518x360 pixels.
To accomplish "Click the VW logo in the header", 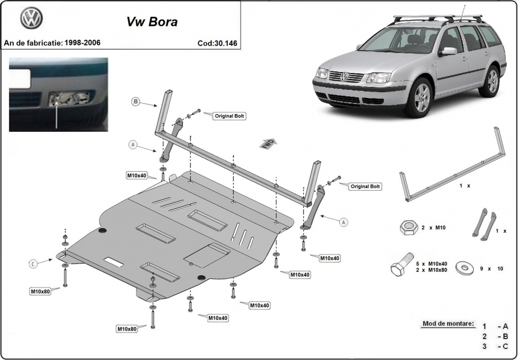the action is click(32, 18).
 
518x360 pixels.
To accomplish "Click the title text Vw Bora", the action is click(153, 22).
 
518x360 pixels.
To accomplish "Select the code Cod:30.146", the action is click(218, 43).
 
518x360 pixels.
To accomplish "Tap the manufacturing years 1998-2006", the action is click(82, 43).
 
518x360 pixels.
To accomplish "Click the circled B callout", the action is click(135, 101).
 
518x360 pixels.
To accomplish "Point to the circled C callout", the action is click(33, 264).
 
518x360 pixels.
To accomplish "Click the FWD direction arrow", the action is click(269, 144).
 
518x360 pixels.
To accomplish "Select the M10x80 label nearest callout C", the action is click(40, 291).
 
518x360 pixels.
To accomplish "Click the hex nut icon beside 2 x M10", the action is click(409, 228).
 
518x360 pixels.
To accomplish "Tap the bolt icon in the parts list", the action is click(401, 264).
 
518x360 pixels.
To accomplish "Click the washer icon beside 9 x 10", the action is click(464, 268).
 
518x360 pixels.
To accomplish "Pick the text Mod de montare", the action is click(448, 324).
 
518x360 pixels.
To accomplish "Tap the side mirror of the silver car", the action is click(448, 51).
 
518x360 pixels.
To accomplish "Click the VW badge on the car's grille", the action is click(344, 77).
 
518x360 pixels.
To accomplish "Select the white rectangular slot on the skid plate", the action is click(113, 262).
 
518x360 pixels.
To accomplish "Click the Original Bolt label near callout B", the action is click(230, 116).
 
